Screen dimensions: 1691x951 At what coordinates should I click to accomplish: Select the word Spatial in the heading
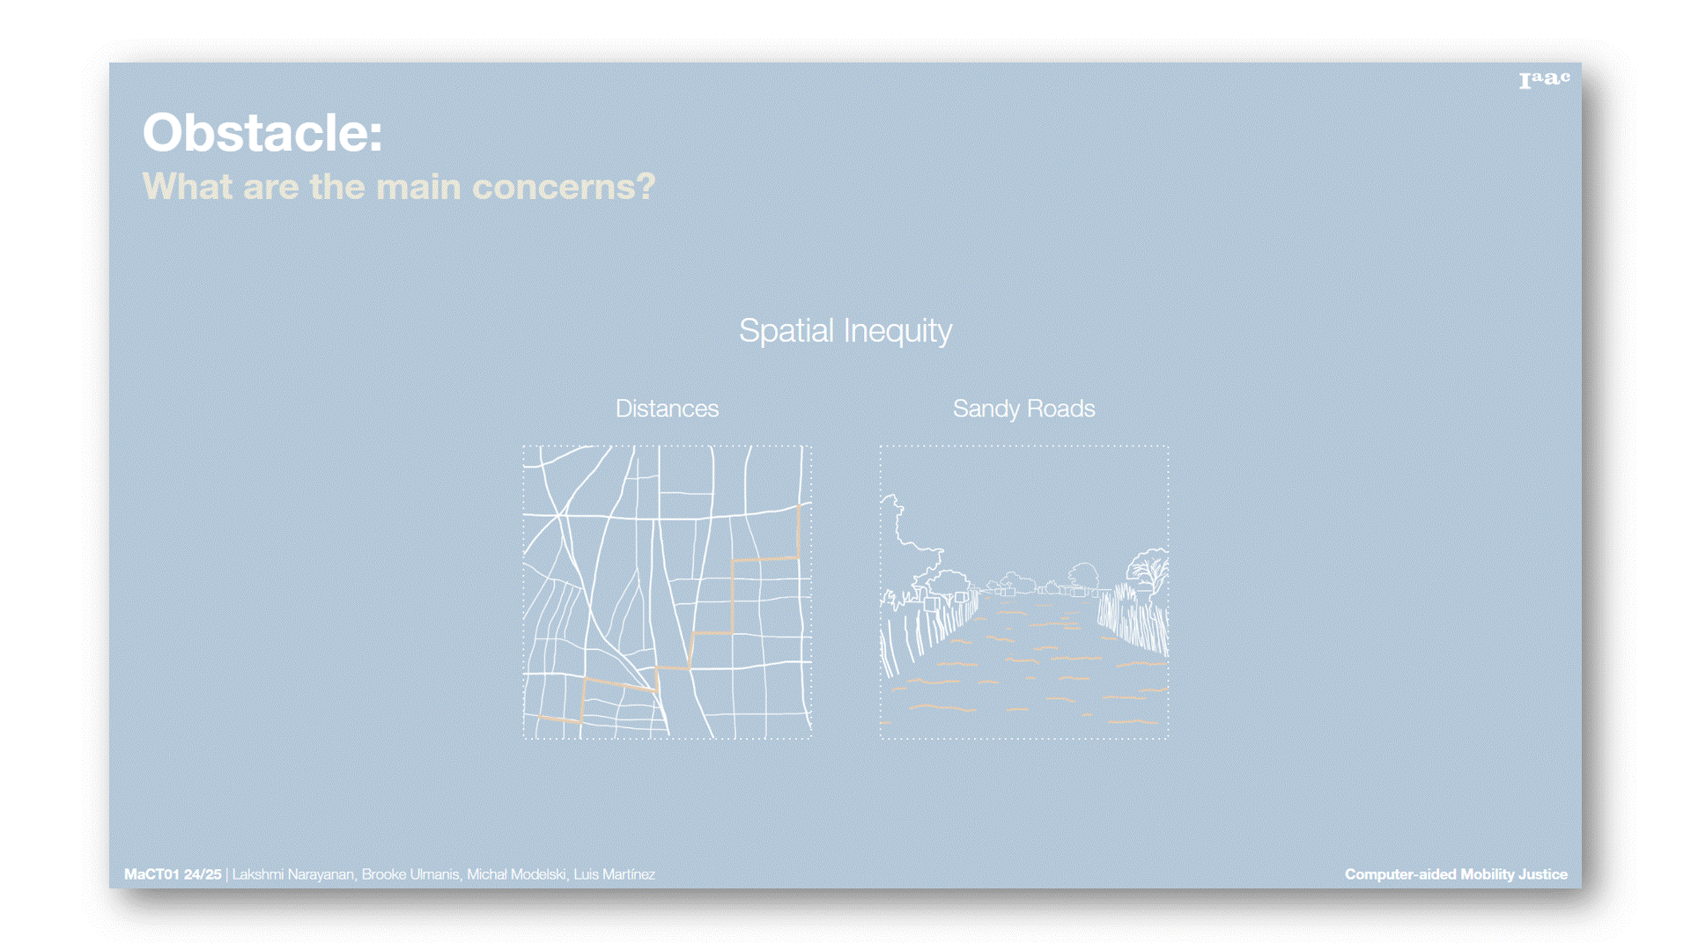pos(786,331)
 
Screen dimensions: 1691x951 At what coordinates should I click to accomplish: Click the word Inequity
pos(897,331)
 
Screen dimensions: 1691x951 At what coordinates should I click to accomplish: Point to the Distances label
pos(667,409)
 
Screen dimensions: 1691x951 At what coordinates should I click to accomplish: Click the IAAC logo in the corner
pos(1545,80)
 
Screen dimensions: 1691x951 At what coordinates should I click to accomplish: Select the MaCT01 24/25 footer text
pos(173,874)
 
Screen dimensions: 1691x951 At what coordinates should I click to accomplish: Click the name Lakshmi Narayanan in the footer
pos(292,874)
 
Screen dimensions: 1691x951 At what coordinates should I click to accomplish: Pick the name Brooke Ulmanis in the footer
pos(410,874)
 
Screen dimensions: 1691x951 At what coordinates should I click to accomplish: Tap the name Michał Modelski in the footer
pos(516,874)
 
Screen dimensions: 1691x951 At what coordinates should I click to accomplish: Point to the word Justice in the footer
pos(1542,874)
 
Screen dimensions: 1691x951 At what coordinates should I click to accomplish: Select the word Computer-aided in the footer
pos(1400,874)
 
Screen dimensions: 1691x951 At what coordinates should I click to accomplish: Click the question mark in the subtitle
pos(646,187)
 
